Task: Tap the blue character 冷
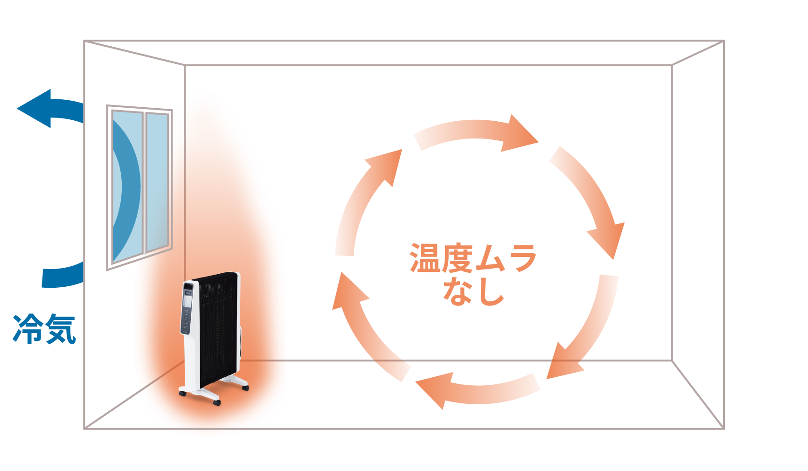pos(27,329)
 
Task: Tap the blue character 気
pos(60,329)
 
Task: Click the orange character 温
pos(425,258)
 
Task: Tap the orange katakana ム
pos(489,258)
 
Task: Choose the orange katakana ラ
pos(521,258)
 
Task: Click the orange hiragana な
pos(457,291)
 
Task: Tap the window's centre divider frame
pos(144,183)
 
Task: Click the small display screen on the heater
pos(188,298)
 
